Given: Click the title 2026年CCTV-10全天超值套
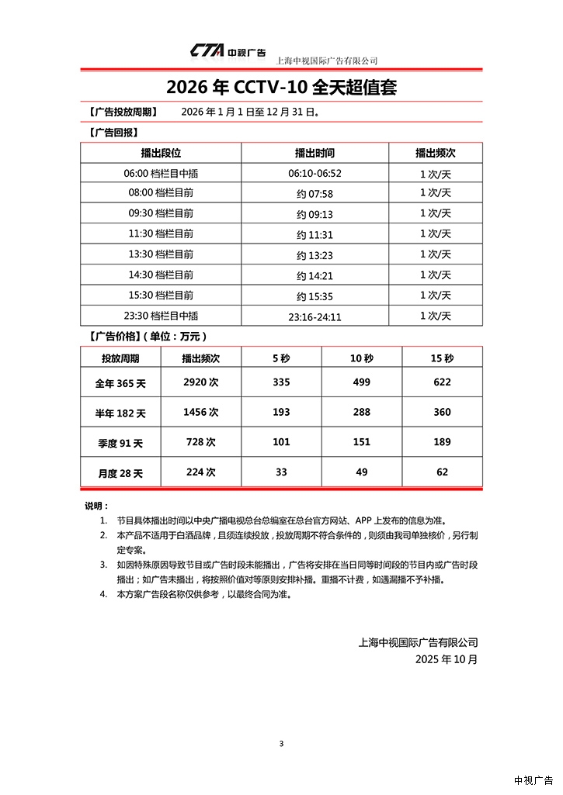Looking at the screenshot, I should pos(281,87).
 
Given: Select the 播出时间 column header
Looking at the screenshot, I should pos(315,153).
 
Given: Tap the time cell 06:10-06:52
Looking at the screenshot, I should pos(315,174).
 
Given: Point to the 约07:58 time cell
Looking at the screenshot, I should pos(315,194).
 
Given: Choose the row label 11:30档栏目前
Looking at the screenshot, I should pos(161,233).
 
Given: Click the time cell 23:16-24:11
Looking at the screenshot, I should pos(315,316).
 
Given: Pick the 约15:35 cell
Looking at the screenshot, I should pos(315,296).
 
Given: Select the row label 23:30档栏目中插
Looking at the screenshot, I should pos(161,316).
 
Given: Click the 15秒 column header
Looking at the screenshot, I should pos(442,358).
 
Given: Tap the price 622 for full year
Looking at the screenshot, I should pos(442,382).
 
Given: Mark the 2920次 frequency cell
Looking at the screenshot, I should pos(201,382).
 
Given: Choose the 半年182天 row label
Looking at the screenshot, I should pos(120,413).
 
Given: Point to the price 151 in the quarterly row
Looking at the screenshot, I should pos(361,442).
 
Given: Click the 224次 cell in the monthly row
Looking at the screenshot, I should pos(201,472).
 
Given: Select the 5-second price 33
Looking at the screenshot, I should pos(281,472).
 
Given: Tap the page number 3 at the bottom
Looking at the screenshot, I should pos(281,744).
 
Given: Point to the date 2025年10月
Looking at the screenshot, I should pos(447,659).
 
